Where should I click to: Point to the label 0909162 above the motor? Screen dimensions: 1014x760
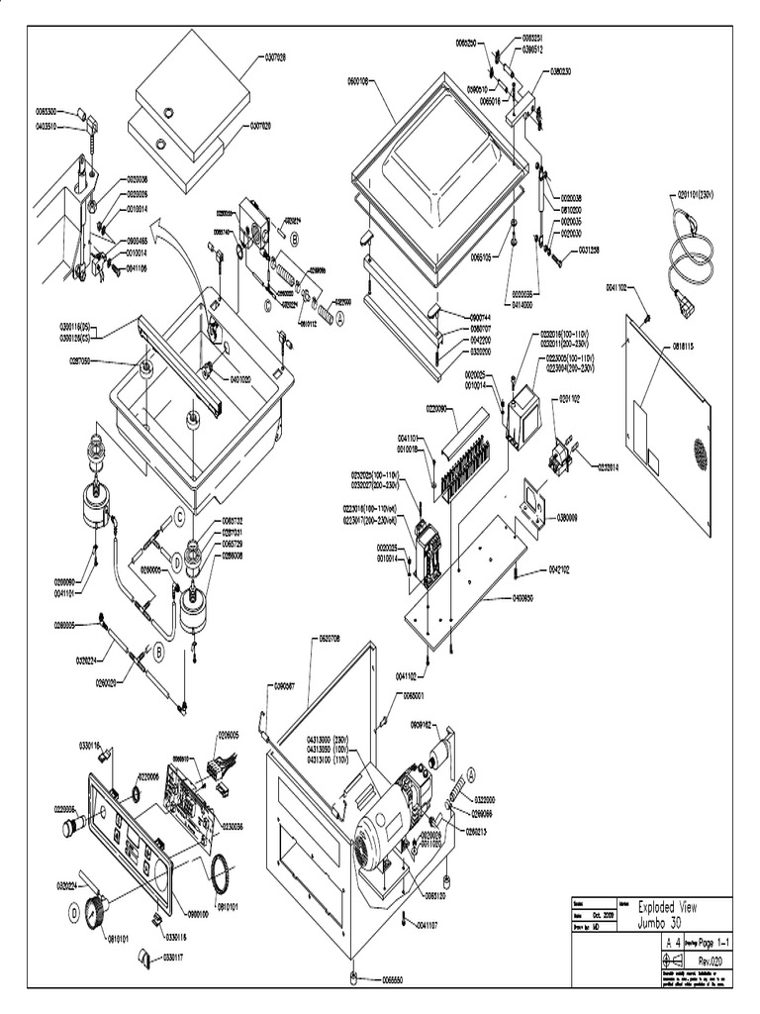pyautogui.click(x=417, y=725)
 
